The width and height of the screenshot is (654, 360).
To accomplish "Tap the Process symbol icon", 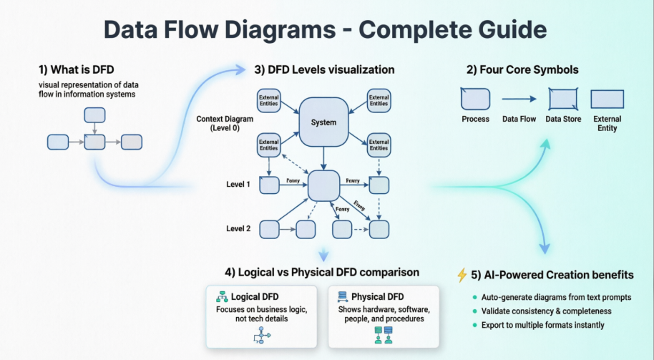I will (x=475, y=99).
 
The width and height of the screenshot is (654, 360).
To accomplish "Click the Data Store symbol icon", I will (x=562, y=99).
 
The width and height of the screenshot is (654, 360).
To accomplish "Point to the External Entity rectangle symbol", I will (x=607, y=99).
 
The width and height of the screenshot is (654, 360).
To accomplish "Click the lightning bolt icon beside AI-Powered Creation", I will (x=462, y=275).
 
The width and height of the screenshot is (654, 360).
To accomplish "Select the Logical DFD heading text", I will (x=255, y=296).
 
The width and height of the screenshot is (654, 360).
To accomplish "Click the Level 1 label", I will (x=238, y=185).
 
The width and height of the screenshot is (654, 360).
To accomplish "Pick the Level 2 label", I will (x=238, y=228).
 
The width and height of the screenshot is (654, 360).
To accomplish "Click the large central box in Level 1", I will (x=323, y=185).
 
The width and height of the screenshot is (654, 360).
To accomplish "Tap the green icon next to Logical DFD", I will (x=222, y=296).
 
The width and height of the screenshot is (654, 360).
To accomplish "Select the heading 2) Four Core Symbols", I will (x=522, y=69).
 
